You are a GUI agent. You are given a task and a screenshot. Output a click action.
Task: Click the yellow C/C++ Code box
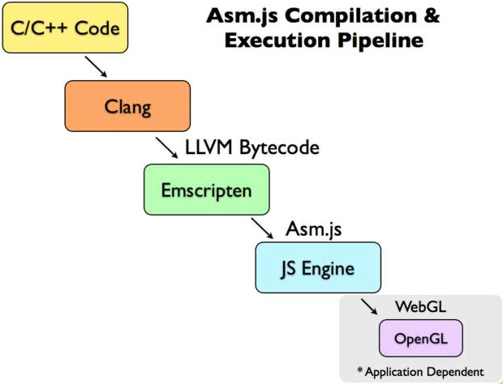click(65, 28)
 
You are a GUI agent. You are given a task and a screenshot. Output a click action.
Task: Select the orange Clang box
click(127, 105)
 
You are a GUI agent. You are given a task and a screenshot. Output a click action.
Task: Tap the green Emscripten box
click(206, 190)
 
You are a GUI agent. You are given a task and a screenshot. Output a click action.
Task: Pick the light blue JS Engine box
click(318, 268)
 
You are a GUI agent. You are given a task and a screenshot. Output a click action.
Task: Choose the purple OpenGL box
click(420, 338)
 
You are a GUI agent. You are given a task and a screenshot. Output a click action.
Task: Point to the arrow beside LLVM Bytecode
click(167, 148)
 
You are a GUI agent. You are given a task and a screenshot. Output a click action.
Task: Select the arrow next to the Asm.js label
click(262, 228)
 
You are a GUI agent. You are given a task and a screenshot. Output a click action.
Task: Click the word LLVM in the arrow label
click(209, 148)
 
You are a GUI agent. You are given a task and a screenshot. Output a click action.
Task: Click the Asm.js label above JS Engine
click(313, 229)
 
